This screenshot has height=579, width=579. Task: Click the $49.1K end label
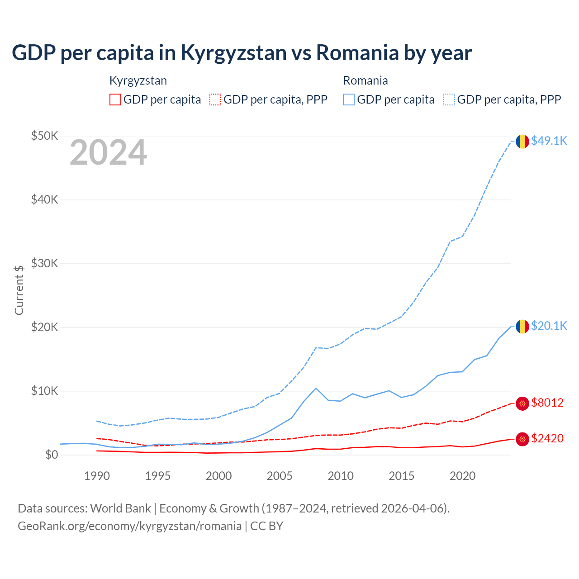pos(549,141)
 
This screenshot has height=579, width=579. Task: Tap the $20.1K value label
pos(549,326)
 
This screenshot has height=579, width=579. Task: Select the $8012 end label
pos(547,403)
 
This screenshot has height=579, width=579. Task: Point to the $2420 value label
pos(547,439)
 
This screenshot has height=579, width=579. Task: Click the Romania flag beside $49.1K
pos(522,142)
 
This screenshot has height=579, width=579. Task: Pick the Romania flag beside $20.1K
pos(522,327)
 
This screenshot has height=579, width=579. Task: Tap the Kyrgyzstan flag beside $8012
pos(522,403)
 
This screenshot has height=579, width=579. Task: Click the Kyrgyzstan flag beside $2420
pos(522,439)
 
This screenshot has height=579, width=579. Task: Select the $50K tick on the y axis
pos(44,136)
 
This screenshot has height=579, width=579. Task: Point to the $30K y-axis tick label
pos(44,264)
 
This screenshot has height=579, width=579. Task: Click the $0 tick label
pos(52,455)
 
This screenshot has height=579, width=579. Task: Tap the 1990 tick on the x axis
pos(97,476)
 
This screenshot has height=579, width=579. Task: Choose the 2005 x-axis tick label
pos(280,476)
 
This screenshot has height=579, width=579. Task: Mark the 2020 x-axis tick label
pos(462,476)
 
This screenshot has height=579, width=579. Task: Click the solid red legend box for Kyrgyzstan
pos(115,100)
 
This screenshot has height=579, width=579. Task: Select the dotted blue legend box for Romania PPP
pos(449,100)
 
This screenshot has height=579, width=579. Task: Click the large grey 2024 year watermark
pos(108,153)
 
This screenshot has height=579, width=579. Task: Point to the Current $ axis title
pos(19,290)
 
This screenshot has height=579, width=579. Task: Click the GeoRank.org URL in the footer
pos(130,526)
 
